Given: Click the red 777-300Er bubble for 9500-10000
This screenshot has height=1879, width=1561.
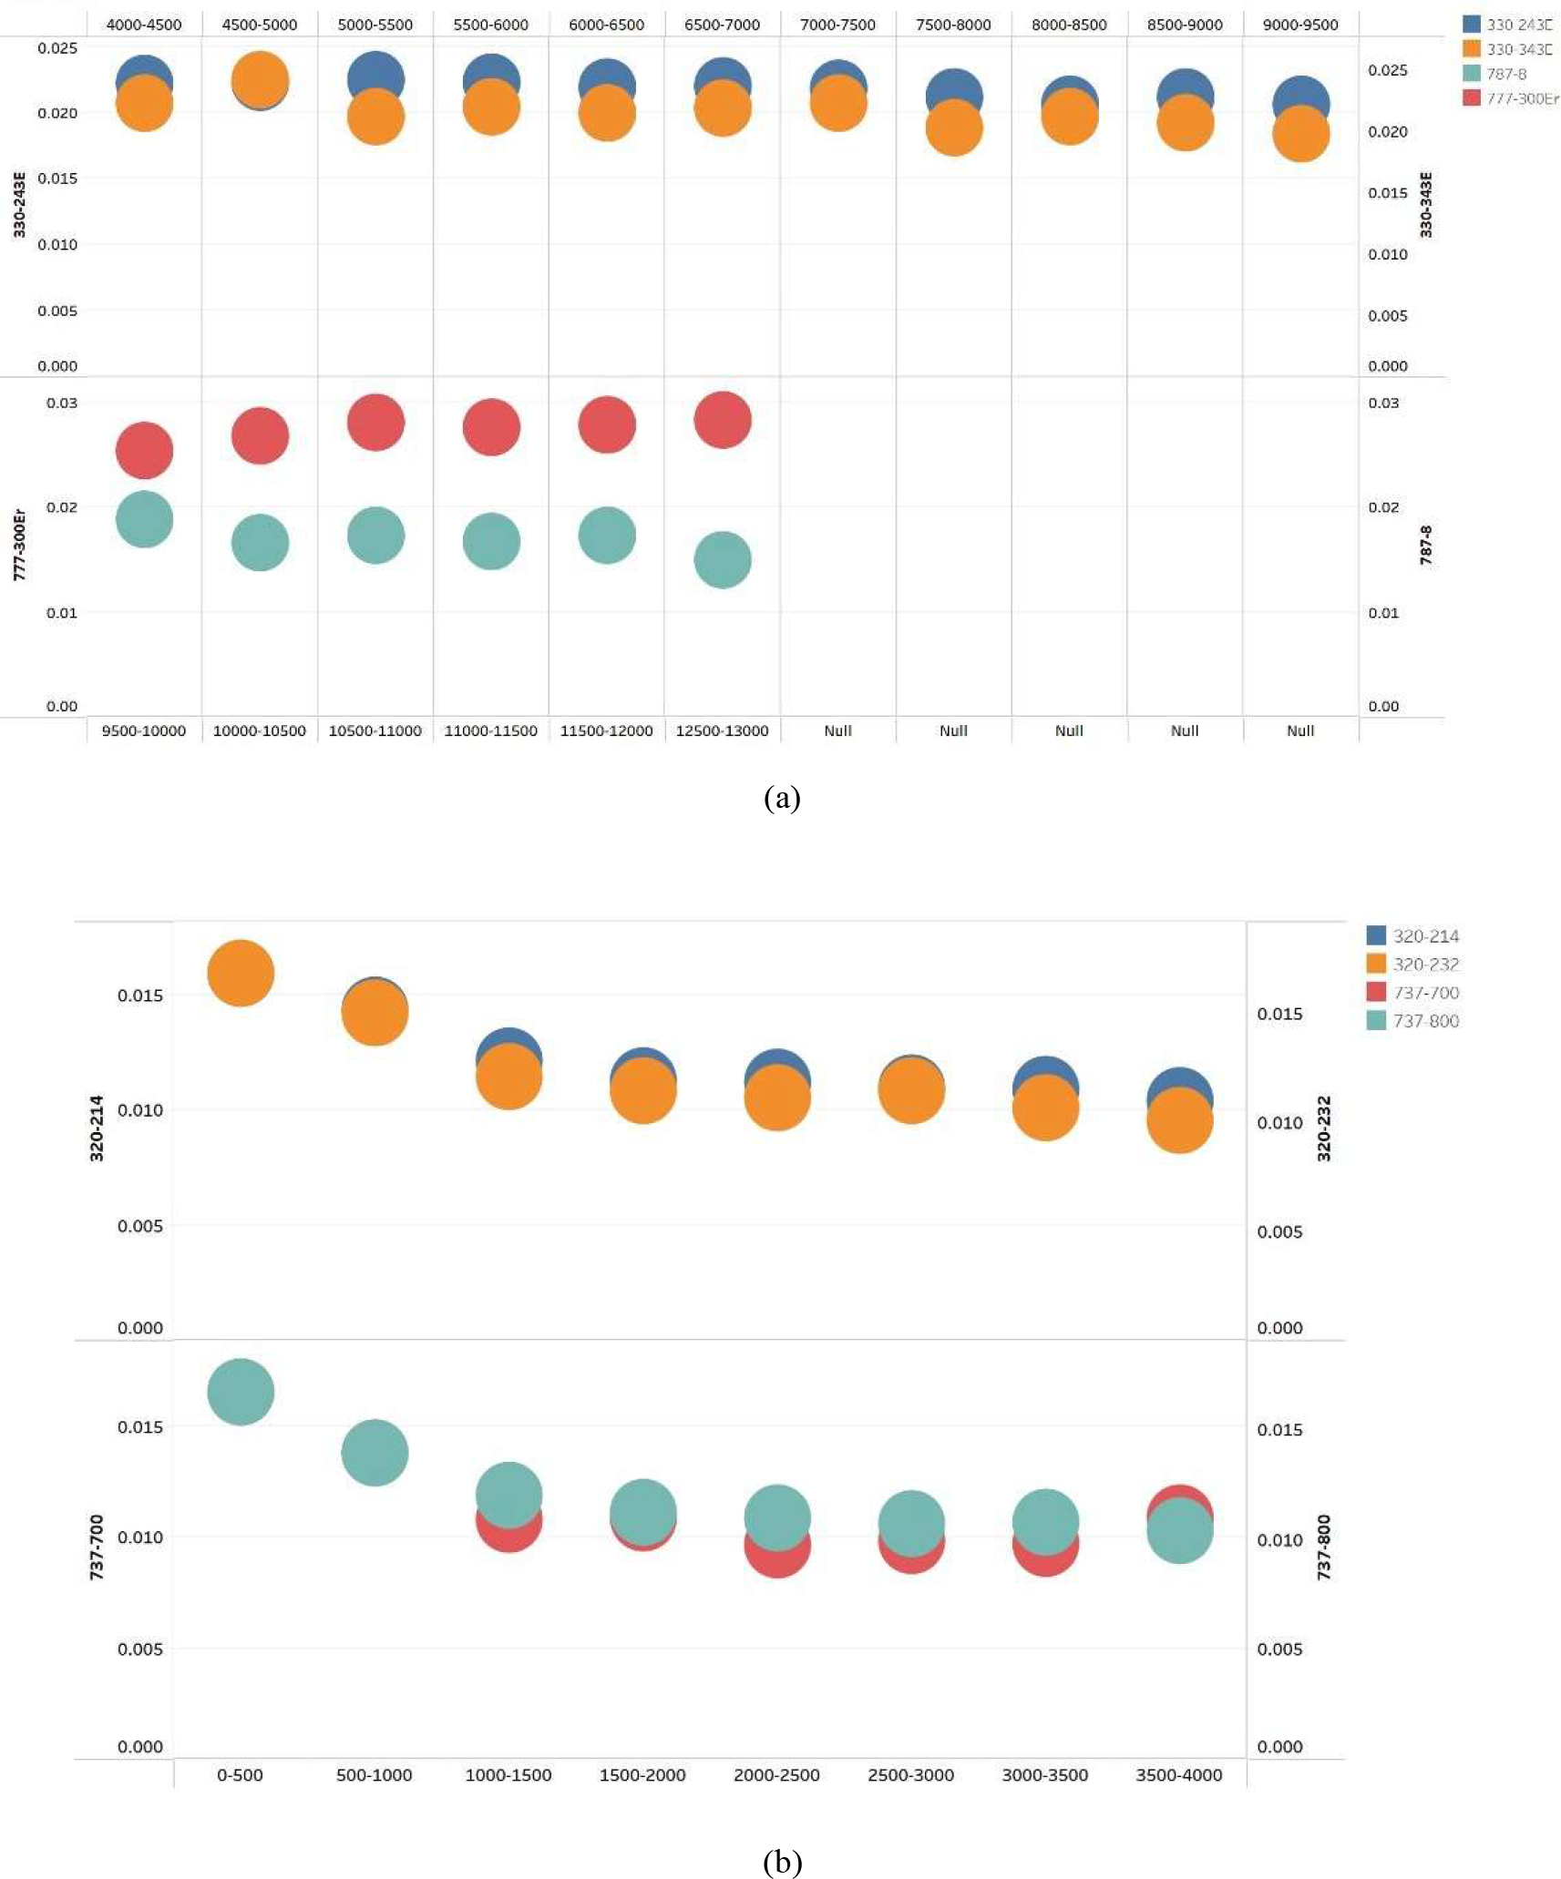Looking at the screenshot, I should pos(144,450).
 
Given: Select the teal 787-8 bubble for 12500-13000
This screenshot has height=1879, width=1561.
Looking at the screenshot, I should pos(722,559).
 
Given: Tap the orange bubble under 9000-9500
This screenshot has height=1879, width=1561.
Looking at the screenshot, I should pos(1300,134).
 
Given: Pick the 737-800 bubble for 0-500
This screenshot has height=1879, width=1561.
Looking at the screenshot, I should pos(241,1391).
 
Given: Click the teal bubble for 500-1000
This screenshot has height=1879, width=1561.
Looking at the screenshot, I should pos(375,1452).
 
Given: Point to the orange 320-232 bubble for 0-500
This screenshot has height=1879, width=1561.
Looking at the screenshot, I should pos(241,973).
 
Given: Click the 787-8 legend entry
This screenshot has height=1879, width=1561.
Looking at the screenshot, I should pos(1505,74).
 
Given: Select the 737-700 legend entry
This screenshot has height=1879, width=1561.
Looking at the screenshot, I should pos(1425,992).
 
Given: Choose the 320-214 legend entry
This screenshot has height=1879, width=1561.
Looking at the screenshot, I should pos(1425,935).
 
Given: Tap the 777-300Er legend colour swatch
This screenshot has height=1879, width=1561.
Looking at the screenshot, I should pos(1471,97).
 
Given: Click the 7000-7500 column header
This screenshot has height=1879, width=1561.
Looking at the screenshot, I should pos(837,25).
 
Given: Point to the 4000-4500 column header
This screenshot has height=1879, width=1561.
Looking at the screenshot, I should pos(144,25).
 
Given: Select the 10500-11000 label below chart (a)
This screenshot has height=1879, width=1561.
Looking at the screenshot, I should pos(375,730).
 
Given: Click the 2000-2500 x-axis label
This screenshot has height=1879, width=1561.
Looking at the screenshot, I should pos(776,1774).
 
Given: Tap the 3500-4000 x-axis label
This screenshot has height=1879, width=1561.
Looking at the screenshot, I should pos(1178,1774).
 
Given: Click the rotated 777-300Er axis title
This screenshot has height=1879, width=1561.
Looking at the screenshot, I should pos(19,546).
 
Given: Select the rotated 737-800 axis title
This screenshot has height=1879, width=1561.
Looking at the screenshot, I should pos(1324,1547).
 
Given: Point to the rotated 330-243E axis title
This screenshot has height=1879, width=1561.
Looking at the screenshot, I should pos(19,204).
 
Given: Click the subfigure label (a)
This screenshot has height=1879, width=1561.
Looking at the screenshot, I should pos(782,798).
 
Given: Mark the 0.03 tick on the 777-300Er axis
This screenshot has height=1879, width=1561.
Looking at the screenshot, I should pos(62,403).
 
